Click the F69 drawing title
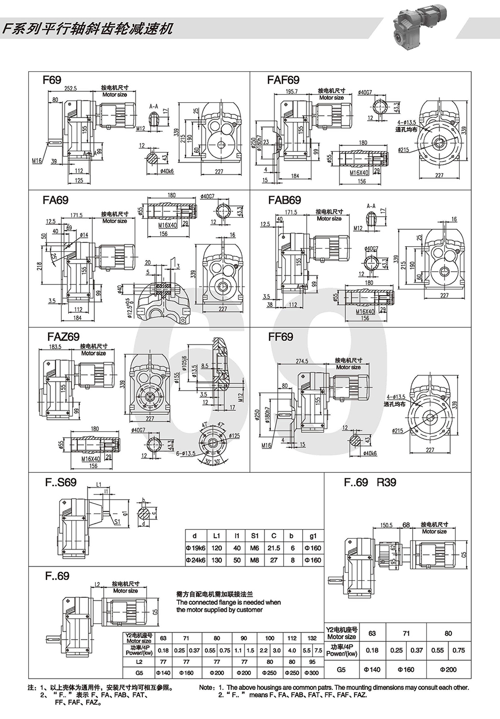(x=51, y=80)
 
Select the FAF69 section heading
(x=283, y=80)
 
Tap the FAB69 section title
(x=285, y=200)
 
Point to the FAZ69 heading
(x=63, y=337)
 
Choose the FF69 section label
(x=280, y=337)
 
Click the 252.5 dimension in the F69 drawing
(x=70, y=89)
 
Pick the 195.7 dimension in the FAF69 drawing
(x=291, y=91)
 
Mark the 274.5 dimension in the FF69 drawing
(x=302, y=361)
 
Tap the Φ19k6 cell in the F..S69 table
(x=195, y=548)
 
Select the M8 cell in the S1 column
(x=255, y=560)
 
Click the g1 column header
(x=313, y=536)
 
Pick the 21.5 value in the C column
(x=274, y=548)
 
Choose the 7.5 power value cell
(x=318, y=650)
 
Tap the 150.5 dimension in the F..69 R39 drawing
(x=386, y=526)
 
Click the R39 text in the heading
(x=386, y=482)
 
